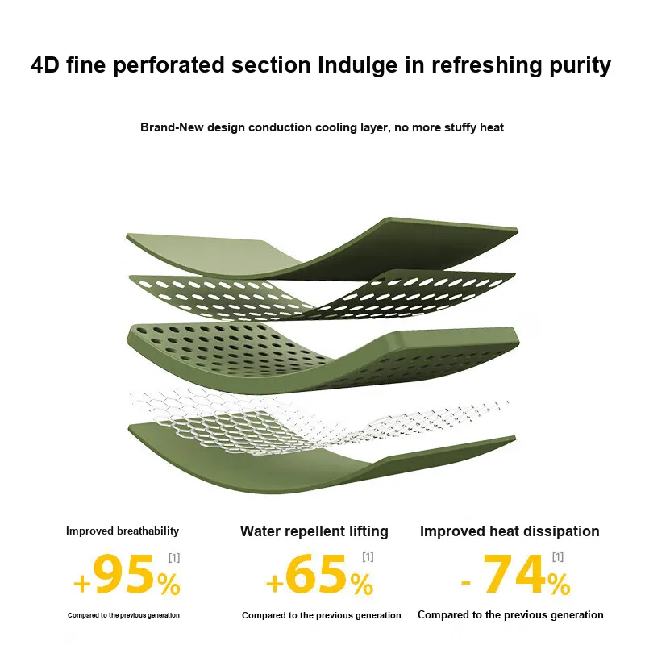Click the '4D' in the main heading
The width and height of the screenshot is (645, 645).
click(45, 65)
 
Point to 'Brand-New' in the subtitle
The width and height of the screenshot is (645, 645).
click(172, 127)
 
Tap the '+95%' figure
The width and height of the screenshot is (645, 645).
click(127, 575)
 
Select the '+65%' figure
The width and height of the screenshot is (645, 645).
click(319, 574)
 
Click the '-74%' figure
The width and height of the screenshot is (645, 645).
click(515, 574)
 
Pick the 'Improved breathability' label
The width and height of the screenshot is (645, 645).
click(123, 531)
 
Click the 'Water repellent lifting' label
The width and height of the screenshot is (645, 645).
click(314, 531)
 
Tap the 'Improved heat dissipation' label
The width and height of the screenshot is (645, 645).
click(510, 531)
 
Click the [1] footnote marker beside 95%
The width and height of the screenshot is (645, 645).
click(174, 558)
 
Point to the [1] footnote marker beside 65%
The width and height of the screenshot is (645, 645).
click(368, 557)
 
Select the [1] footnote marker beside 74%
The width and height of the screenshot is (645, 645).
click(558, 557)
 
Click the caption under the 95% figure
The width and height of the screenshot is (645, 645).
click(124, 615)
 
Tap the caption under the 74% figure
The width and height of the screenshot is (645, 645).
click(510, 614)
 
